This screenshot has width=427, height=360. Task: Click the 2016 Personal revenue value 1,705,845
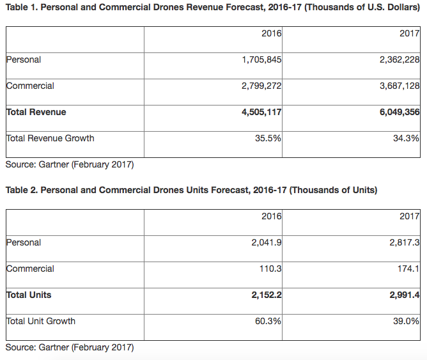[x=261, y=59]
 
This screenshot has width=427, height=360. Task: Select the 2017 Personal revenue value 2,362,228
[x=400, y=59]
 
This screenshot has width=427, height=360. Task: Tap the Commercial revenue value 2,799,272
[x=261, y=86]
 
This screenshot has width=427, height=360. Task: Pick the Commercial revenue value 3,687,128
[x=400, y=86]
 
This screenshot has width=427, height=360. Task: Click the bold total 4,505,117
[x=261, y=112]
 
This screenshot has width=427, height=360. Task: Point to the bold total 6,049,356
[x=400, y=112]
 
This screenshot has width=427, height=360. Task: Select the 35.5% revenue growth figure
[x=268, y=138]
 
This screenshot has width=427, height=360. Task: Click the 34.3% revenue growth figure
[x=406, y=138]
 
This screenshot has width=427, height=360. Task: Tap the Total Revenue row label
[x=36, y=112]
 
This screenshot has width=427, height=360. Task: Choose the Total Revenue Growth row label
[x=50, y=138]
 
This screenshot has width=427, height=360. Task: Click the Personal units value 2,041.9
[x=267, y=242]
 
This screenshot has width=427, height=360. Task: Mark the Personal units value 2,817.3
[x=405, y=242]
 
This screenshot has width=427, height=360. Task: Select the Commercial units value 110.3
[x=270, y=269]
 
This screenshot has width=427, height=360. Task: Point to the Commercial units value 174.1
[x=408, y=269]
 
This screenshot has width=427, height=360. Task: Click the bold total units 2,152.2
[x=267, y=295]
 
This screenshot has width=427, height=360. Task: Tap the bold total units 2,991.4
[x=405, y=295]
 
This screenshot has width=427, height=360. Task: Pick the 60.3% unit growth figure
[x=268, y=322]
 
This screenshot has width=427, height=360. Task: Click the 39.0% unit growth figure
[x=406, y=322]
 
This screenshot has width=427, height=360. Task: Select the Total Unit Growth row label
[x=40, y=322]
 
